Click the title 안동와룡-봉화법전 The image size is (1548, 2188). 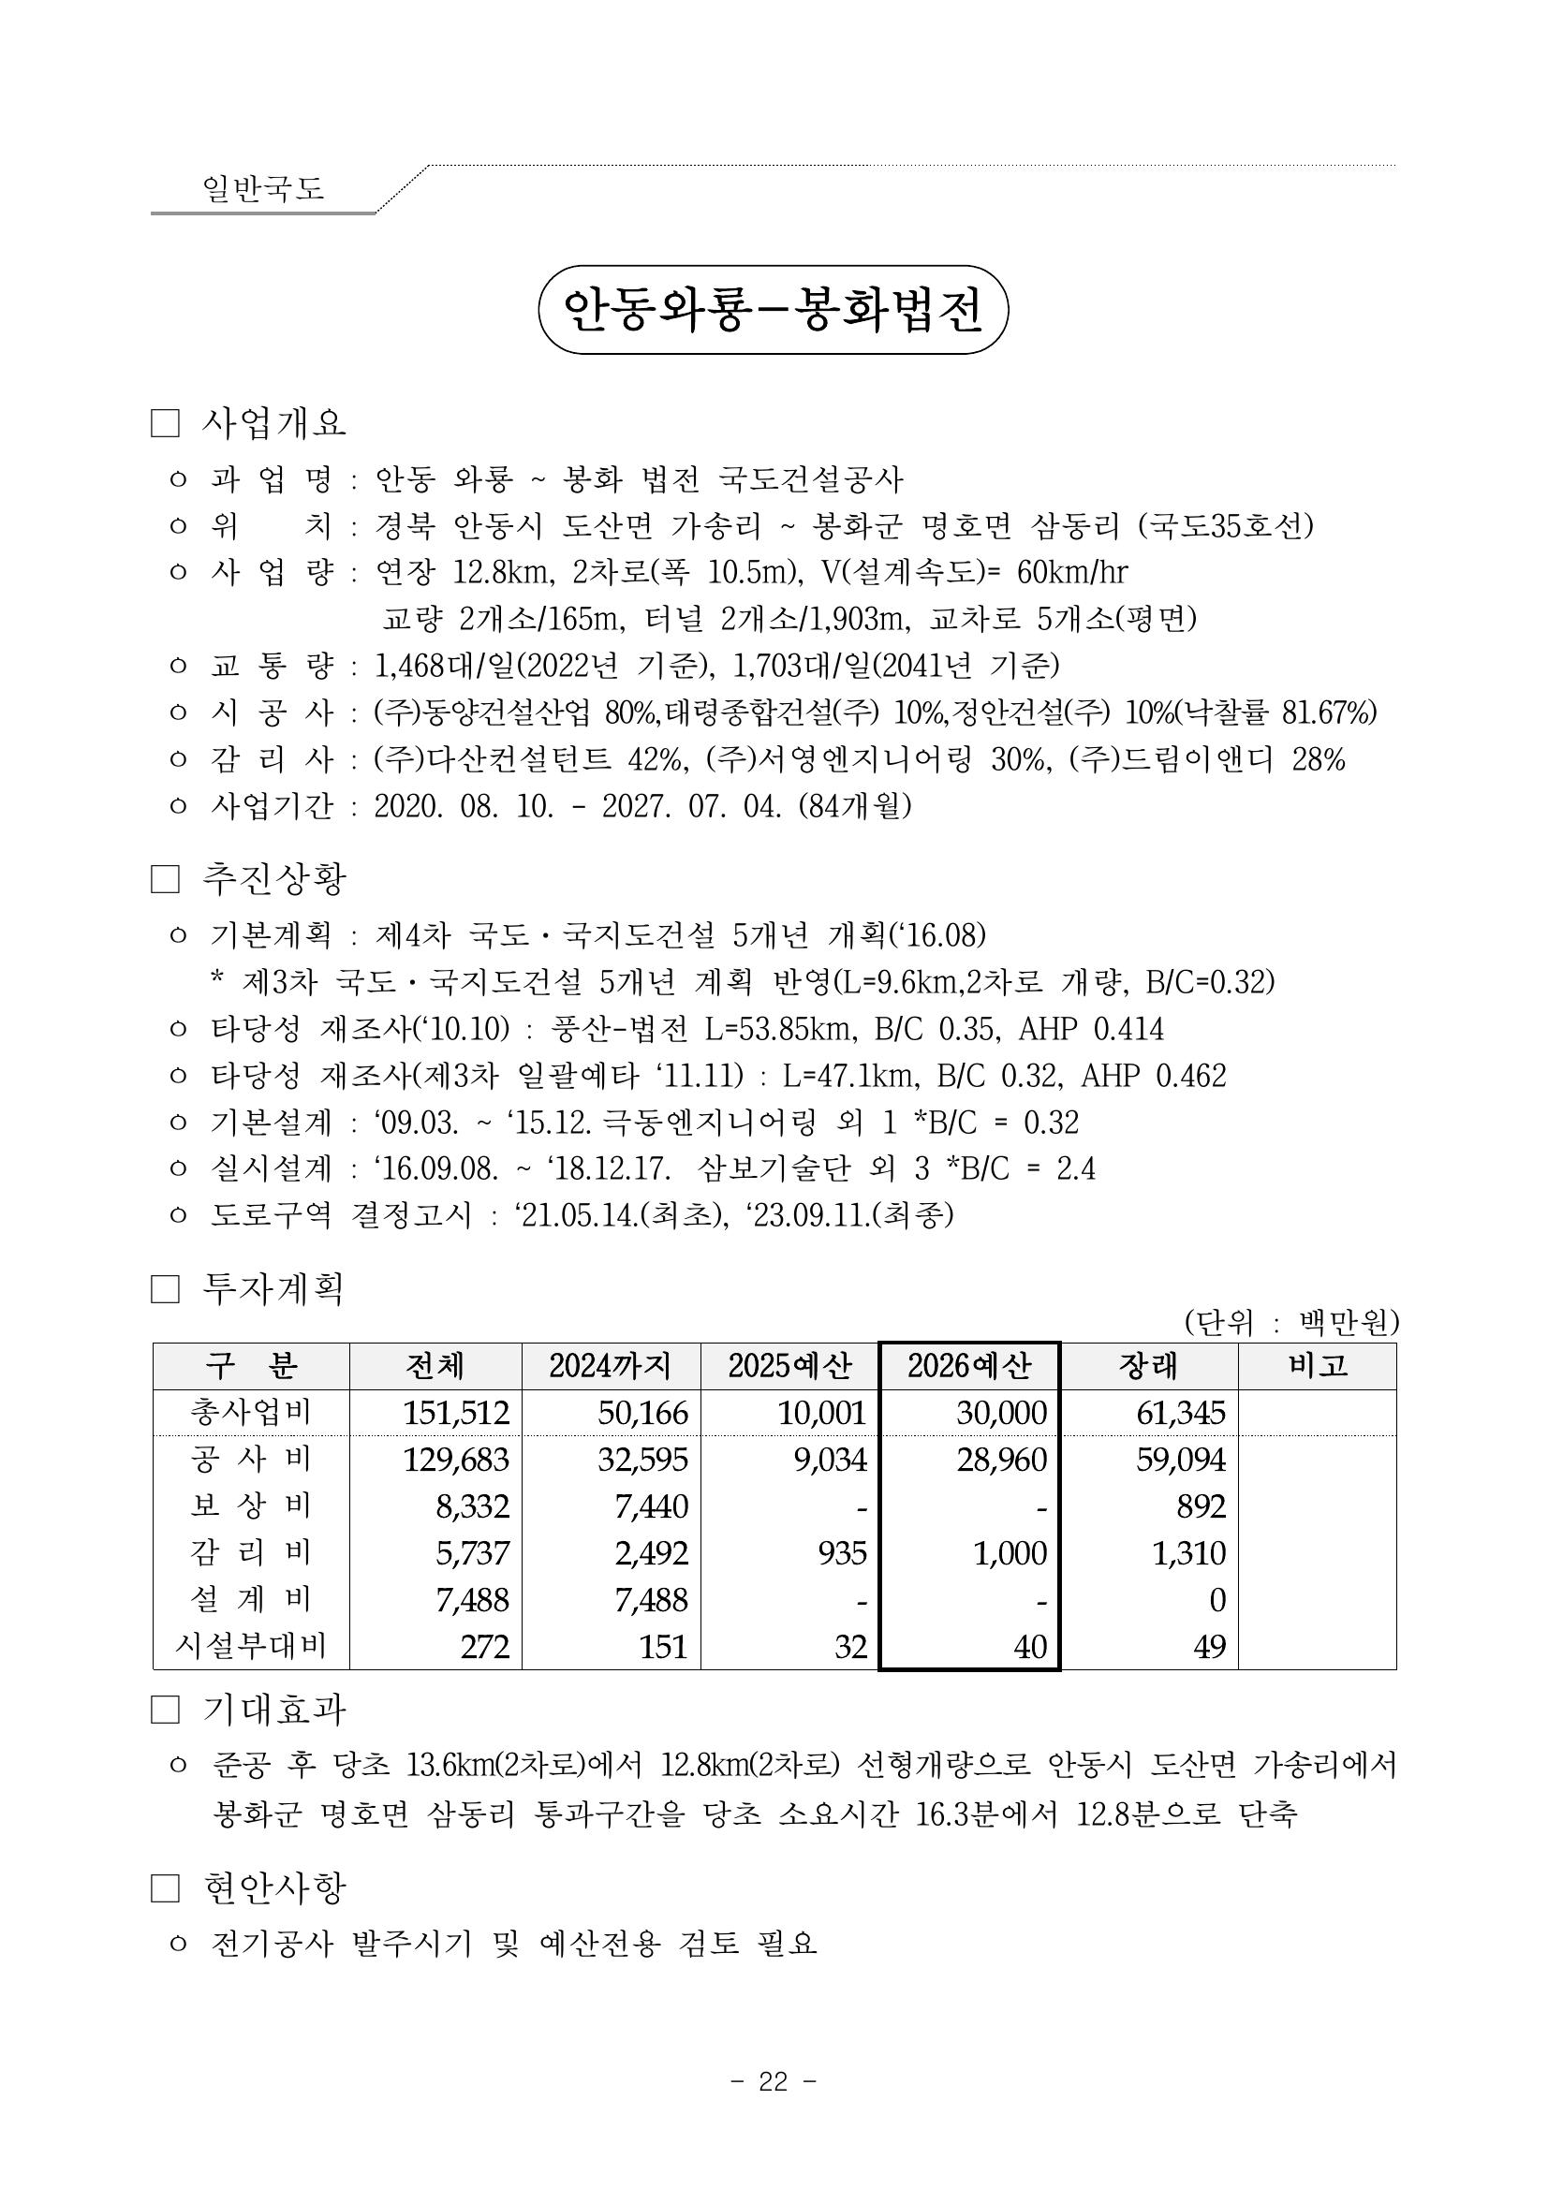(x=773, y=310)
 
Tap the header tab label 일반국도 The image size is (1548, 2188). (x=263, y=188)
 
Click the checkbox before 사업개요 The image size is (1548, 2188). (x=165, y=424)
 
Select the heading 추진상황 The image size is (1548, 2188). (x=273, y=878)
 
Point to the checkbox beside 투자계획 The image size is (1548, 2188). (x=165, y=1290)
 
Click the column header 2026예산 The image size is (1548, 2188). (x=968, y=1367)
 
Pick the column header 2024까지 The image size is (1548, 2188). (x=610, y=1367)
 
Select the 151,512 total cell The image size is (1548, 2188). (x=456, y=1412)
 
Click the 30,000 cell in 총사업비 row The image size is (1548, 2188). (x=1001, y=1412)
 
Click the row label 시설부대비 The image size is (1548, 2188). (x=251, y=1646)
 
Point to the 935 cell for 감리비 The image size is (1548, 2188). (x=842, y=1552)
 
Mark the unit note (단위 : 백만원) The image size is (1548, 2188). (x=1290, y=1322)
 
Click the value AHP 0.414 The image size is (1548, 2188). (x=1090, y=1029)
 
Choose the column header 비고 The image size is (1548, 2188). (x=1318, y=1367)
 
